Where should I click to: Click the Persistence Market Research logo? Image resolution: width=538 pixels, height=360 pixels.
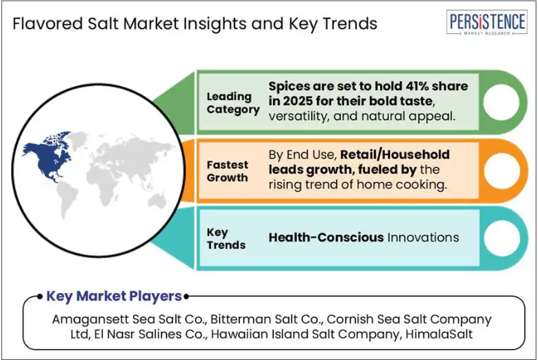[486, 22]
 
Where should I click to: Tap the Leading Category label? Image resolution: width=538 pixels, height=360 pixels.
[233, 103]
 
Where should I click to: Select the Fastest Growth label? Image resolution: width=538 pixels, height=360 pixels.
[227, 171]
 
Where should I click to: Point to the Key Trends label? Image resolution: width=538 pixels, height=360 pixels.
[226, 239]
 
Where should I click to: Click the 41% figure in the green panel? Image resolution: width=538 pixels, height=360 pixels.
[417, 86]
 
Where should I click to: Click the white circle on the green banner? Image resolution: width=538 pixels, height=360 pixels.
[501, 102]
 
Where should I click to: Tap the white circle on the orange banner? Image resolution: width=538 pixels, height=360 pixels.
[501, 170]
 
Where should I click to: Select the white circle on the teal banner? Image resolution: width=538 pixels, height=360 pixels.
[502, 238]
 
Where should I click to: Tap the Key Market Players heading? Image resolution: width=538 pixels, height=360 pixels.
[114, 296]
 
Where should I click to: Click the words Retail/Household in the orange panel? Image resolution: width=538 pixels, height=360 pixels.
[395, 154]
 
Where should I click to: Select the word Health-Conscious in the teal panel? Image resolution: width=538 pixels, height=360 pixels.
[326, 237]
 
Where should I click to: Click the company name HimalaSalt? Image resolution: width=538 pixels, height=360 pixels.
[439, 334]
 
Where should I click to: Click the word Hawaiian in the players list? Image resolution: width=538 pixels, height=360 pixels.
[235, 334]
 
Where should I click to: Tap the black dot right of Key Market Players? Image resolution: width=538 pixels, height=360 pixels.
[186, 296]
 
